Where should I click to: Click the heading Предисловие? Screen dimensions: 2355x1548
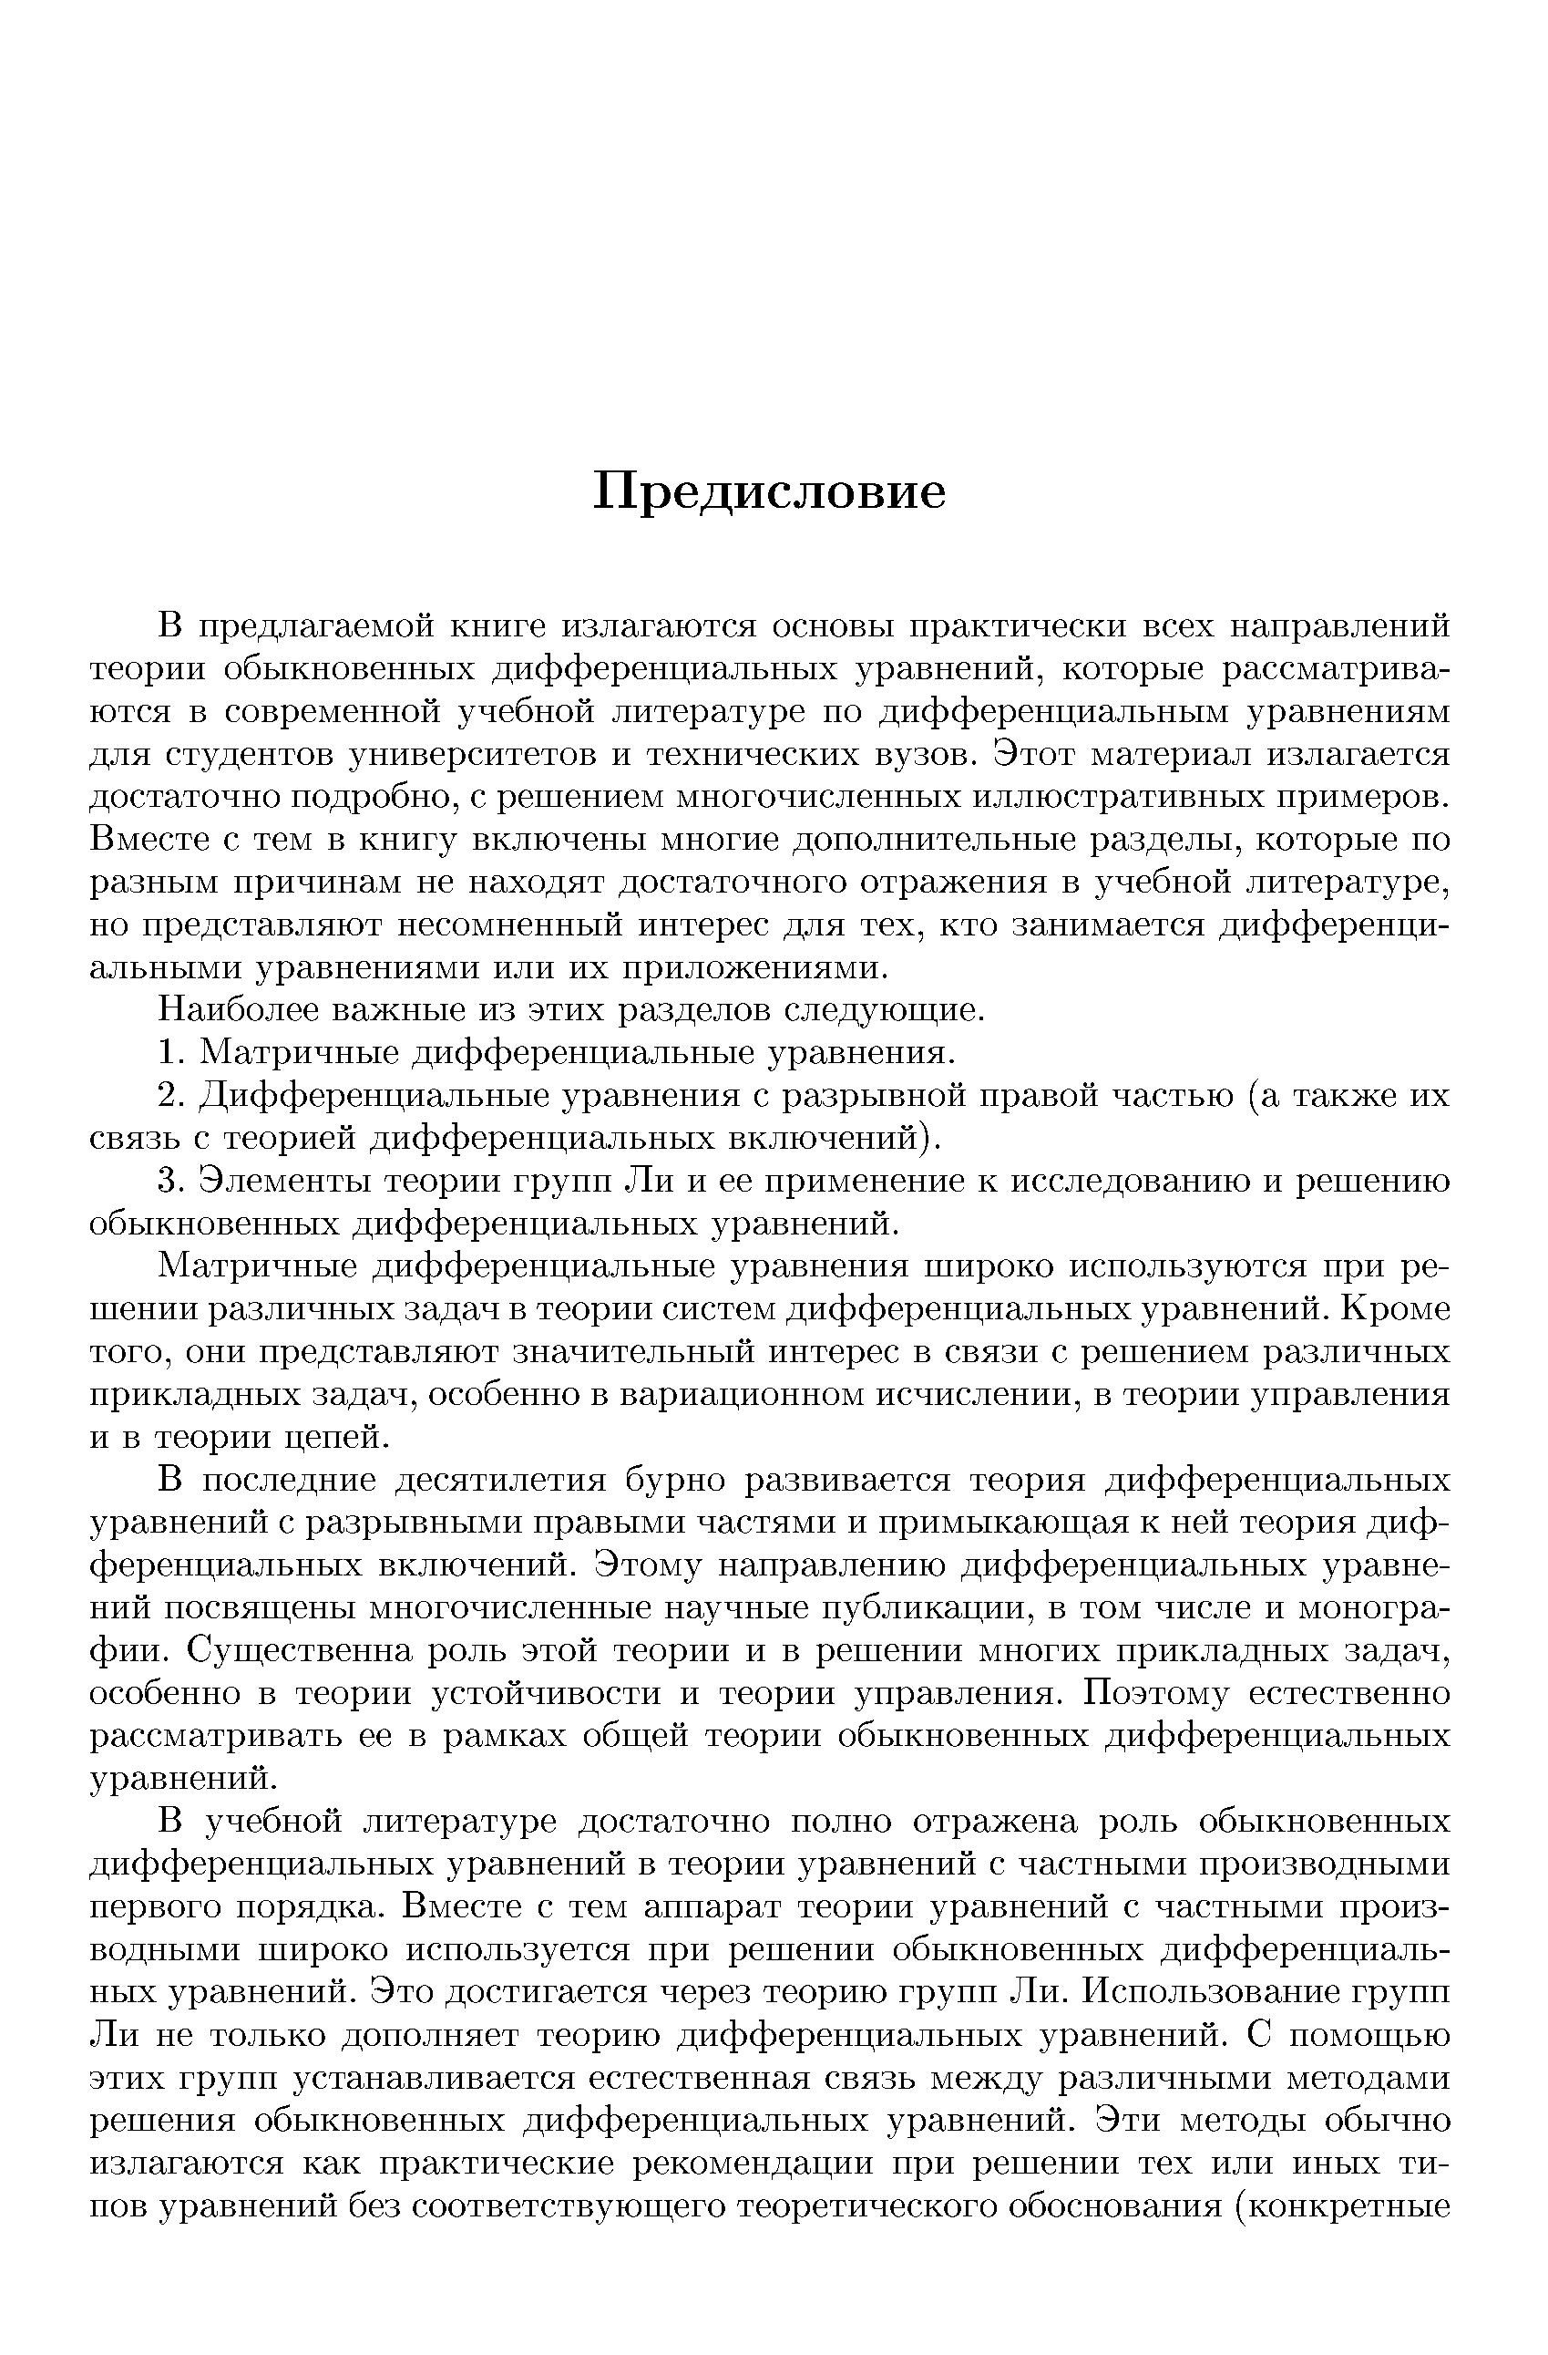[769, 491]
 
